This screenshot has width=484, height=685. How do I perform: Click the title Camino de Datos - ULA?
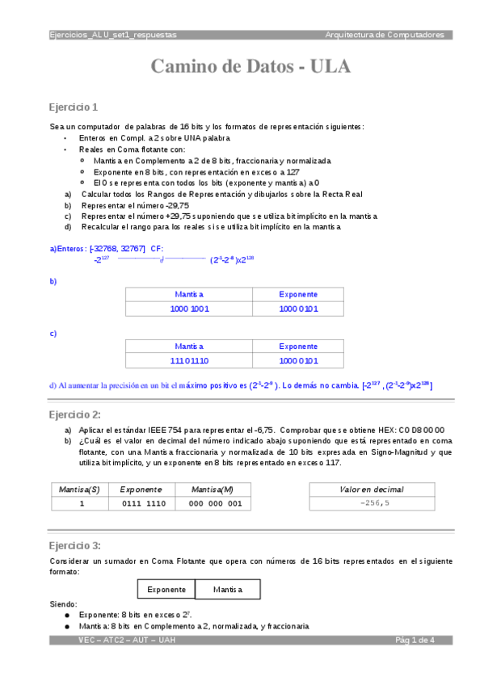point(250,67)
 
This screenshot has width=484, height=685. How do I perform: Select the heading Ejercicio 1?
point(74,107)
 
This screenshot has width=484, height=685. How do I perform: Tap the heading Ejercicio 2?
point(75,414)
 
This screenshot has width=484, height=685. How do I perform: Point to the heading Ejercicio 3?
point(75,545)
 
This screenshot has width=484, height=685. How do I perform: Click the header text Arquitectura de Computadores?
point(385,35)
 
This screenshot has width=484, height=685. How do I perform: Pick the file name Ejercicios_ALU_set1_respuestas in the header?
point(113,35)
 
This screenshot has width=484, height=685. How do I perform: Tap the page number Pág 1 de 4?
point(415,640)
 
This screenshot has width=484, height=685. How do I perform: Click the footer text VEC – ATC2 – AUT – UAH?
point(127,640)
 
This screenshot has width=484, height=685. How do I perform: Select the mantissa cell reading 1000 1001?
point(189,309)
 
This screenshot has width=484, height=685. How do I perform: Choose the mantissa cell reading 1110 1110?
point(189,360)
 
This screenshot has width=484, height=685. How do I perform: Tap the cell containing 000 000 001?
point(214,503)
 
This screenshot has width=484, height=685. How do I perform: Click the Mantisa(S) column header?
point(80,490)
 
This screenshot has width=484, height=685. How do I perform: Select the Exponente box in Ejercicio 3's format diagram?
point(166,590)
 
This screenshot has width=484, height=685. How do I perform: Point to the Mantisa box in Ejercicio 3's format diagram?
point(228,590)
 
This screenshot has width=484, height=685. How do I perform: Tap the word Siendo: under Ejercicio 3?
point(64,604)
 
